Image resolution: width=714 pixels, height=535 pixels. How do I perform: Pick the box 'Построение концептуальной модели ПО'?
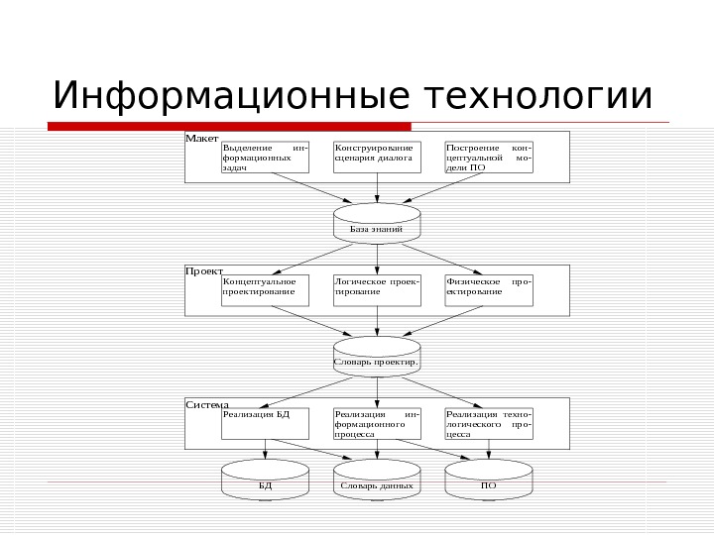point(489,158)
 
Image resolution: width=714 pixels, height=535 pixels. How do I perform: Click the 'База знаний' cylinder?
point(377,223)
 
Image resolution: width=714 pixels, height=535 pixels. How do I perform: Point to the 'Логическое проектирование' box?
point(377,290)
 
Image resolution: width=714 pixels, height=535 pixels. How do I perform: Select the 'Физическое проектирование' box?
point(489,290)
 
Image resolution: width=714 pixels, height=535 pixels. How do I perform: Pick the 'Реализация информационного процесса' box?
point(377,423)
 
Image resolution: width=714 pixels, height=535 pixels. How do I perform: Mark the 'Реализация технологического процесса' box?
point(489,423)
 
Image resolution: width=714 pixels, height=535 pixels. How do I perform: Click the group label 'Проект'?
point(204,269)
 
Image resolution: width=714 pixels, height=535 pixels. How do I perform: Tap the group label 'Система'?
point(207,404)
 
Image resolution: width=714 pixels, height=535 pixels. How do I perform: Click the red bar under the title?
point(229,127)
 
